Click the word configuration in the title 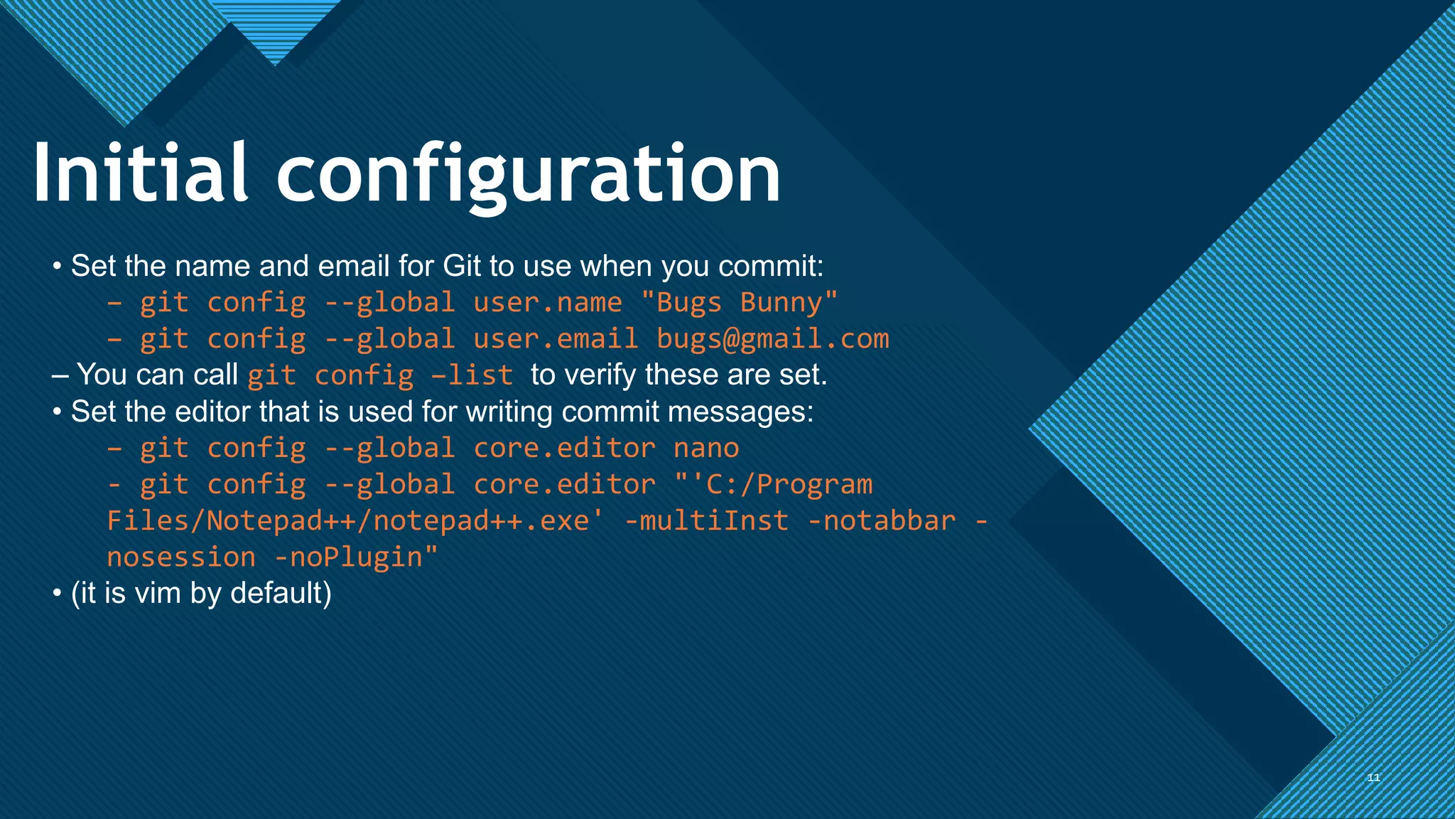pyautogui.click(x=529, y=175)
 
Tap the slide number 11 pyautogui.click(x=1373, y=778)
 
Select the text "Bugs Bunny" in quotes pyautogui.click(x=739, y=303)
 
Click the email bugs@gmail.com pyautogui.click(x=772, y=339)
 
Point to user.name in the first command pyautogui.click(x=547, y=303)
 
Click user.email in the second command pyautogui.click(x=556, y=339)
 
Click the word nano pyautogui.click(x=706, y=449)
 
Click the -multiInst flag pyautogui.click(x=706, y=521)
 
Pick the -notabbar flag pyautogui.click(x=882, y=521)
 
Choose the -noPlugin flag pyautogui.click(x=356, y=557)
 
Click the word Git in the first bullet pyautogui.click(x=462, y=267)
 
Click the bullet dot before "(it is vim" pyautogui.click(x=57, y=594)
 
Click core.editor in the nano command pyautogui.click(x=564, y=449)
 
